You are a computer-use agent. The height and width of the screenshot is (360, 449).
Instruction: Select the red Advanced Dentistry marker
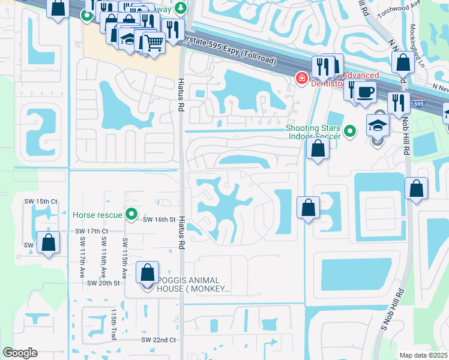(x=300, y=78)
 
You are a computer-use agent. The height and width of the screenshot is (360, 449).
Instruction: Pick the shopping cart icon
(x=154, y=43)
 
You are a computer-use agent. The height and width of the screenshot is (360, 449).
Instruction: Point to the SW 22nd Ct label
(x=158, y=340)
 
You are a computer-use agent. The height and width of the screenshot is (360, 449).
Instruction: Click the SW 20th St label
(x=104, y=283)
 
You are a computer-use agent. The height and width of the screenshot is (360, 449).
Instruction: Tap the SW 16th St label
(x=159, y=220)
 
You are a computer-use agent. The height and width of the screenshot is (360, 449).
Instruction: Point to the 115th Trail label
(x=113, y=325)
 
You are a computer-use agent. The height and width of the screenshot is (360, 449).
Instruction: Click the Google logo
(x=20, y=352)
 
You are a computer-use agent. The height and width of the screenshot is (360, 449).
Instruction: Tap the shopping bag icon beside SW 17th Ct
(x=49, y=243)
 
